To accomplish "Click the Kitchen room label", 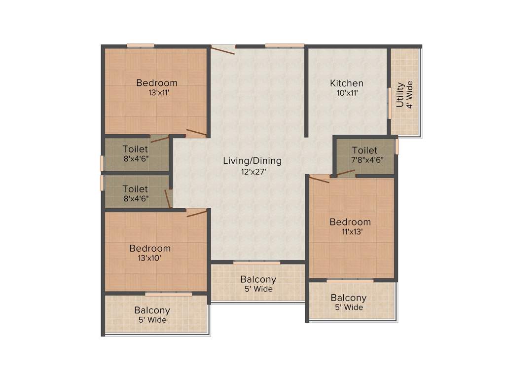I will (x=347, y=83).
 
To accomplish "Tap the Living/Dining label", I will (x=252, y=161).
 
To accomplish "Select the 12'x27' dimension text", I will (x=252, y=172).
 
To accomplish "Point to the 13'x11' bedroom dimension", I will (x=157, y=92).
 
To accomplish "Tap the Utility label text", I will (x=400, y=95).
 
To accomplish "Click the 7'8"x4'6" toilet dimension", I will (x=365, y=160).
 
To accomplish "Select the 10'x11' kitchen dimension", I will (x=347, y=93).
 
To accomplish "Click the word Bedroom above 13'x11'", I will (x=157, y=82).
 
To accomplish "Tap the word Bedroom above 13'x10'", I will (x=150, y=248).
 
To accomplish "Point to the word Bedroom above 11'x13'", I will (x=350, y=222).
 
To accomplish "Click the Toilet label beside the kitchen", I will (x=365, y=150).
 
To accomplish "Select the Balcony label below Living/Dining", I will (x=258, y=280).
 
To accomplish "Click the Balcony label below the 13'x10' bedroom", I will (x=152, y=310).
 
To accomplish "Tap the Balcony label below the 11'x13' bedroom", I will (x=348, y=298).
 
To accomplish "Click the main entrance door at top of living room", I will (x=223, y=49).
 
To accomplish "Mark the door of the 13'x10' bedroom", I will (x=196, y=213).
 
